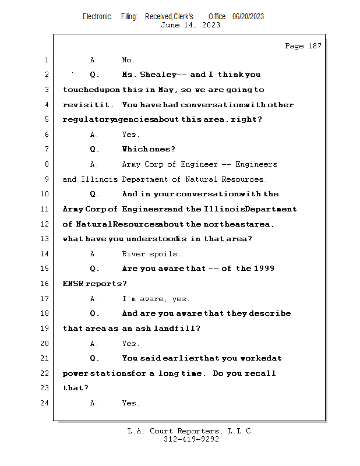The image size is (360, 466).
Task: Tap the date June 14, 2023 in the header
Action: tap(190, 24)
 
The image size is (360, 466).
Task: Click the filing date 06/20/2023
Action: tap(248, 16)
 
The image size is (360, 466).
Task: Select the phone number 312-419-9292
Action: tap(191, 439)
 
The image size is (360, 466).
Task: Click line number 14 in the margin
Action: tap(46, 254)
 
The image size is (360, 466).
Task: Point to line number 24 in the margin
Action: tap(46, 403)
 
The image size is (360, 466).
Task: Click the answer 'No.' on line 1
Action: tap(128, 60)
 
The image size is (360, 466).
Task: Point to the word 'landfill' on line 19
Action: tap(177, 329)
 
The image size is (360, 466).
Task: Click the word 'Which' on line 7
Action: tap(135, 149)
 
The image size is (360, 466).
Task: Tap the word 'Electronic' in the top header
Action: tap(97, 16)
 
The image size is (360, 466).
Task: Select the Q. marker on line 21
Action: tap(95, 358)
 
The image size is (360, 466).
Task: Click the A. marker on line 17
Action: tap(94, 299)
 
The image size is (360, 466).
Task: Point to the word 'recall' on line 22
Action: tap(261, 373)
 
